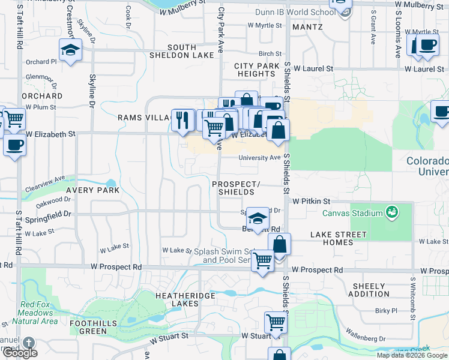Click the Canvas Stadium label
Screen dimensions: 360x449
tap(352, 213)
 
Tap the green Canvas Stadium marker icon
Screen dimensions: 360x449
tap(392, 212)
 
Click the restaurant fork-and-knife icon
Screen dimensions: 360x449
tap(182, 120)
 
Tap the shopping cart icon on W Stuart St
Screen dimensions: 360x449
tap(276, 323)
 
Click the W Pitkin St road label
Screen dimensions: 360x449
tap(312, 201)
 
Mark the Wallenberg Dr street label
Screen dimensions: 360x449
tap(382, 339)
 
